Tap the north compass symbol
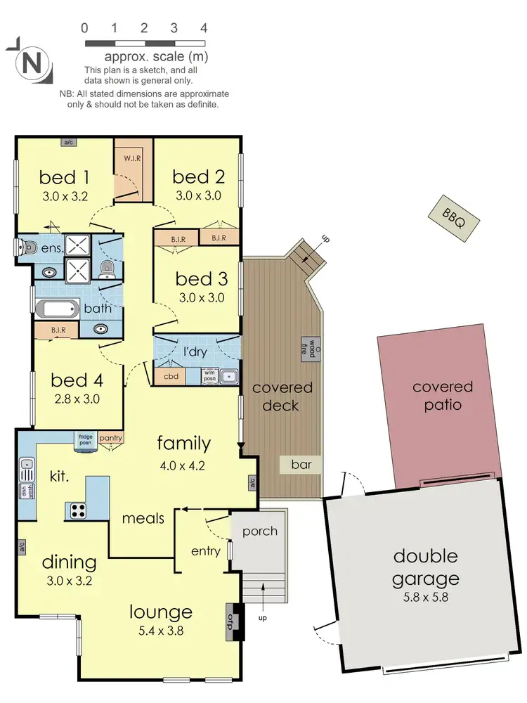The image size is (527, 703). tap(30, 63)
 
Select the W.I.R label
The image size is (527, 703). tap(134, 157)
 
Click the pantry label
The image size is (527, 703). tap(111, 438)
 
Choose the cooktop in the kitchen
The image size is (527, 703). tap(75, 510)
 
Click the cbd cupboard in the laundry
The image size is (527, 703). tap(169, 375)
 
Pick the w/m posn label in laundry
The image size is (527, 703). tap(209, 376)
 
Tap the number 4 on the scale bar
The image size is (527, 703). tap(204, 29)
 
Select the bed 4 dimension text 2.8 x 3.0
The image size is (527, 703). tap(77, 399)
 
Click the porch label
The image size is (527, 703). tap(260, 531)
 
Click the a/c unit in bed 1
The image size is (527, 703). tap(69, 142)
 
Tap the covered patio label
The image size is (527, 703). tap(443, 396)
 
